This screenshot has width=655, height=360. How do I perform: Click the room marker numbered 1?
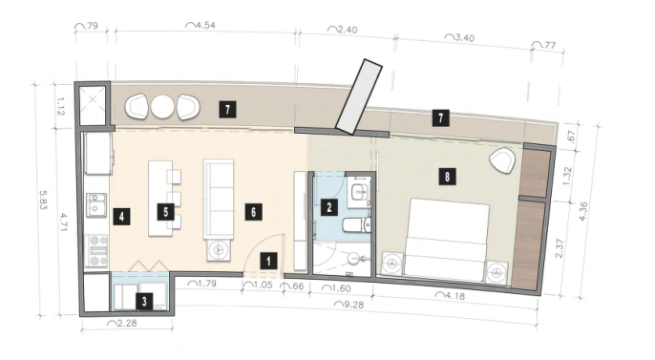(268, 261)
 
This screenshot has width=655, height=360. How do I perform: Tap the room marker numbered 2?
(329, 206)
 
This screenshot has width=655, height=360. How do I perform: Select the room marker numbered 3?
(144, 301)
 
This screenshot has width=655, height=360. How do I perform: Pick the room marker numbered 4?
(121, 217)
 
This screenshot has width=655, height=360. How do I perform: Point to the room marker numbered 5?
(166, 212)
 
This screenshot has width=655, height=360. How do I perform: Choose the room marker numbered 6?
(254, 212)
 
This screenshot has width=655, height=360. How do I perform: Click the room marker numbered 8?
(447, 177)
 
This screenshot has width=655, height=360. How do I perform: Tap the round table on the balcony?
(162, 107)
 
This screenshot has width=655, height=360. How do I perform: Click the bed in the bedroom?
(447, 239)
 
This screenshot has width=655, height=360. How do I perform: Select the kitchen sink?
(96, 204)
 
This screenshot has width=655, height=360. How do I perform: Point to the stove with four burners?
(96, 250)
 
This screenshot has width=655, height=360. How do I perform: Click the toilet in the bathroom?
(357, 225)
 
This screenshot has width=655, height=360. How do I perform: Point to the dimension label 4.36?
(583, 211)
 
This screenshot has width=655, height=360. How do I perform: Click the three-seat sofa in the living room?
(219, 199)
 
